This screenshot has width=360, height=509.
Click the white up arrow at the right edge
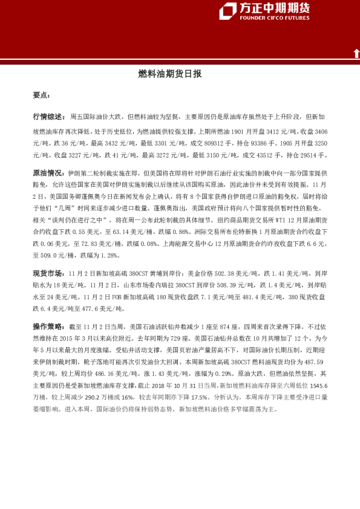point(356,54)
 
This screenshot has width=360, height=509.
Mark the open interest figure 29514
point(310,155)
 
